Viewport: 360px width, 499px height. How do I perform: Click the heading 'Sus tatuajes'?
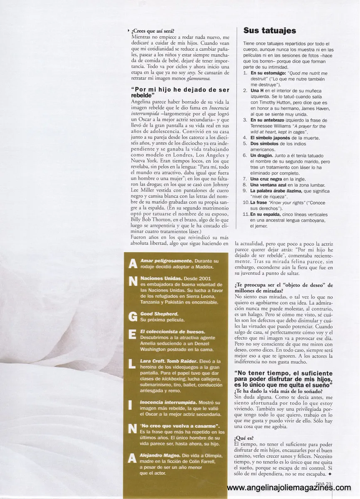269,31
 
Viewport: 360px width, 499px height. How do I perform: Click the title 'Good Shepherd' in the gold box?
159,313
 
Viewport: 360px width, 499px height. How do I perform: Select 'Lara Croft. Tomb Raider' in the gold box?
168,361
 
